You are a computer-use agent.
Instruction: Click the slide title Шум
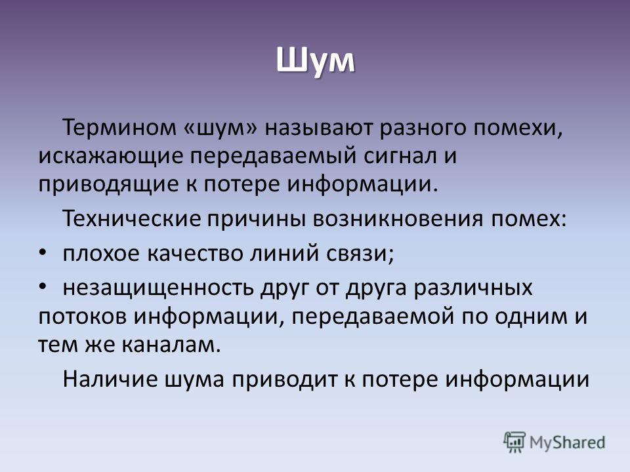point(316,61)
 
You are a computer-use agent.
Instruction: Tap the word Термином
point(119,128)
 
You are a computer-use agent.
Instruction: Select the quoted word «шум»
point(220,128)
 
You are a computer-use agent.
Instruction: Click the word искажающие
point(111,157)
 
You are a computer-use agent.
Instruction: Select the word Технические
point(131,219)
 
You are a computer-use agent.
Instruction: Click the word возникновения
point(398,219)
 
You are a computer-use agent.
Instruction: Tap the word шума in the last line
point(194,380)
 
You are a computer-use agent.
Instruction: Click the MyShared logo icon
point(514,442)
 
